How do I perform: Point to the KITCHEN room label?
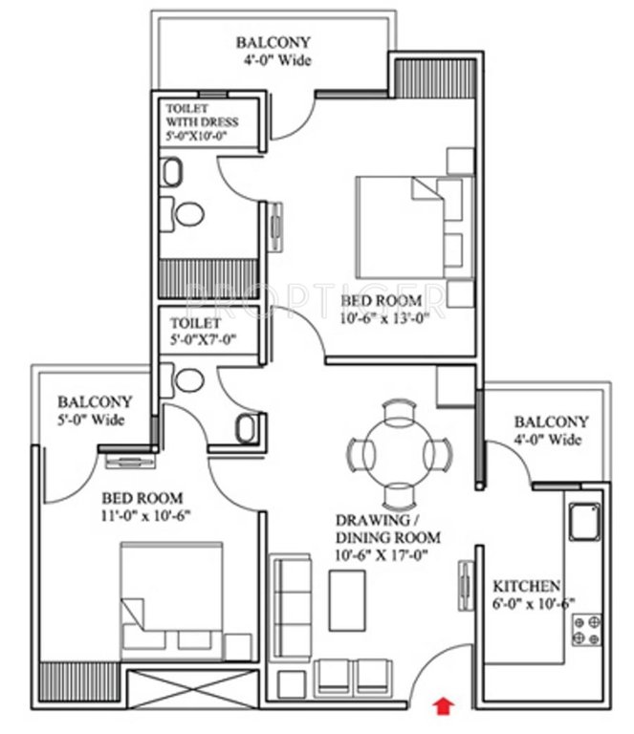526,586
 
